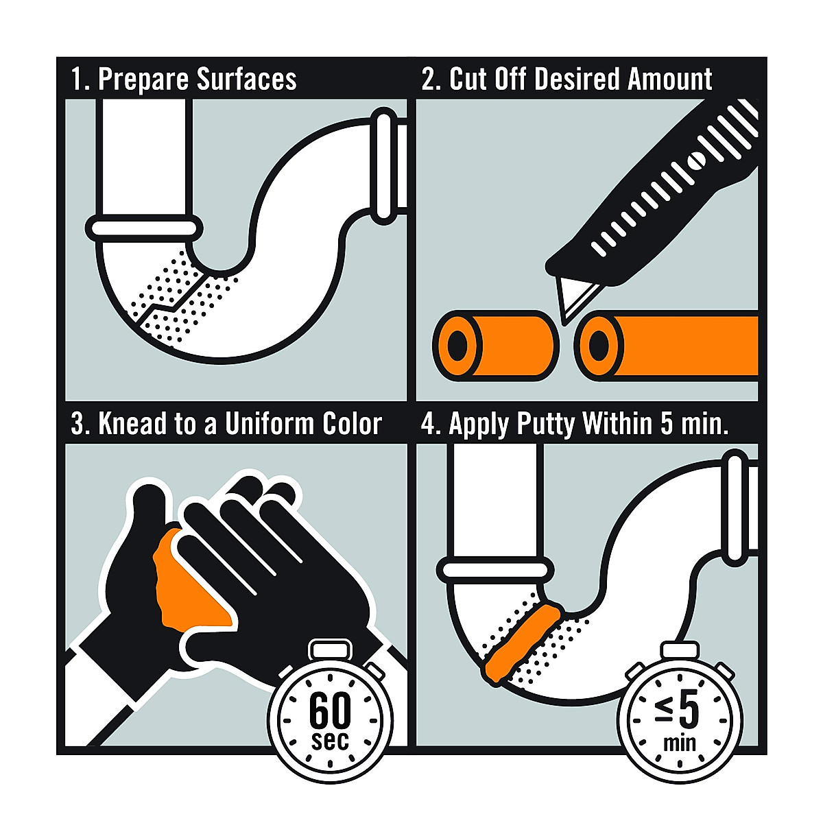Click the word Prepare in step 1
pyautogui.click(x=144, y=80)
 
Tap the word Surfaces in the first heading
pyautogui.click(x=246, y=80)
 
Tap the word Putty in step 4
pyautogui.click(x=546, y=424)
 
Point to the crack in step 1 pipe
pyautogui.click(x=171, y=302)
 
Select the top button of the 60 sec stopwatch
pyautogui.click(x=331, y=648)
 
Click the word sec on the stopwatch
pyautogui.click(x=330, y=741)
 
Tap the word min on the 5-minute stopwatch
pyautogui.click(x=679, y=742)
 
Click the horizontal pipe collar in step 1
pyautogui.click(x=144, y=227)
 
